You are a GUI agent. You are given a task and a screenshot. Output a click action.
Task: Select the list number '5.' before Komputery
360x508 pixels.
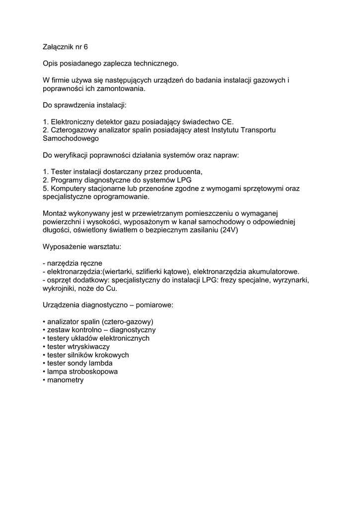pyautogui.click(x=46, y=188)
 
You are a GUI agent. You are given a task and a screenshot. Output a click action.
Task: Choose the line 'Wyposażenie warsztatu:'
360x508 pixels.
pyautogui.click(x=82, y=247)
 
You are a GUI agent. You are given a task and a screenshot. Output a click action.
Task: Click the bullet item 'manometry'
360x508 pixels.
pyautogui.click(x=66, y=380)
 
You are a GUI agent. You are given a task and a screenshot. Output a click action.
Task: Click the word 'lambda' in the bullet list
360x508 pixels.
pyautogui.click(x=101, y=363)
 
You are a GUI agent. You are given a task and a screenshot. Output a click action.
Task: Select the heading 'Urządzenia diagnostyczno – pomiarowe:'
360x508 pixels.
pyautogui.click(x=108, y=305)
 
